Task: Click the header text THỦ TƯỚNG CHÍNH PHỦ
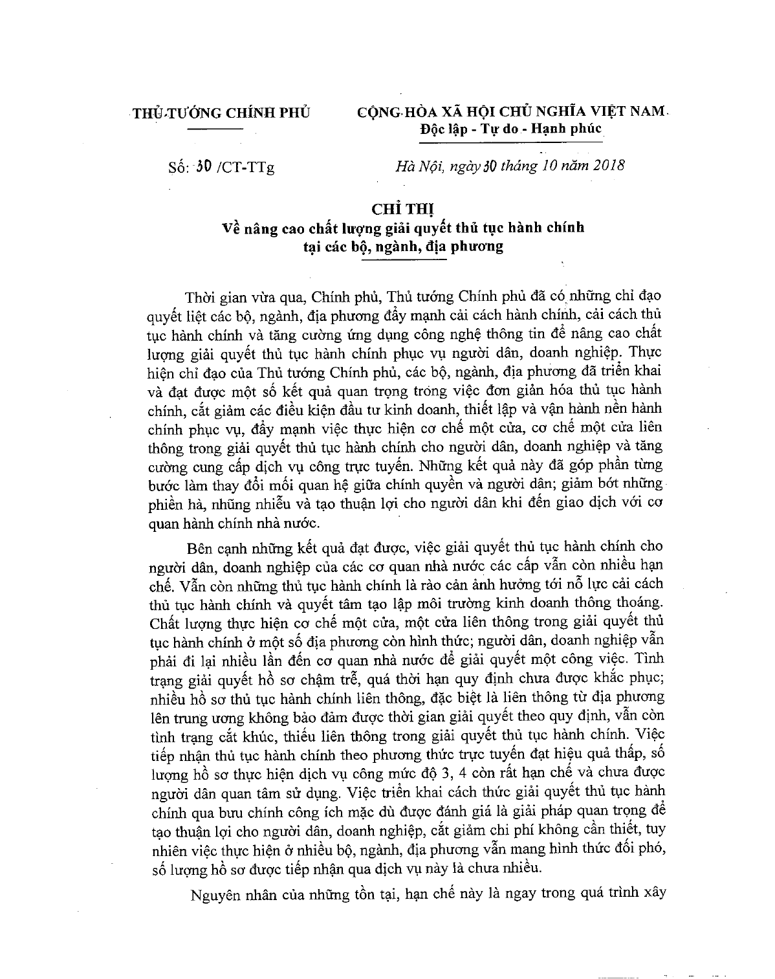tap(220, 112)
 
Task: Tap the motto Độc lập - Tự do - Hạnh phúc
tap(510, 129)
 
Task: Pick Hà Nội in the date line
tap(415, 166)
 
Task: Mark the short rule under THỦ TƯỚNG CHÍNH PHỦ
tap(213, 130)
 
